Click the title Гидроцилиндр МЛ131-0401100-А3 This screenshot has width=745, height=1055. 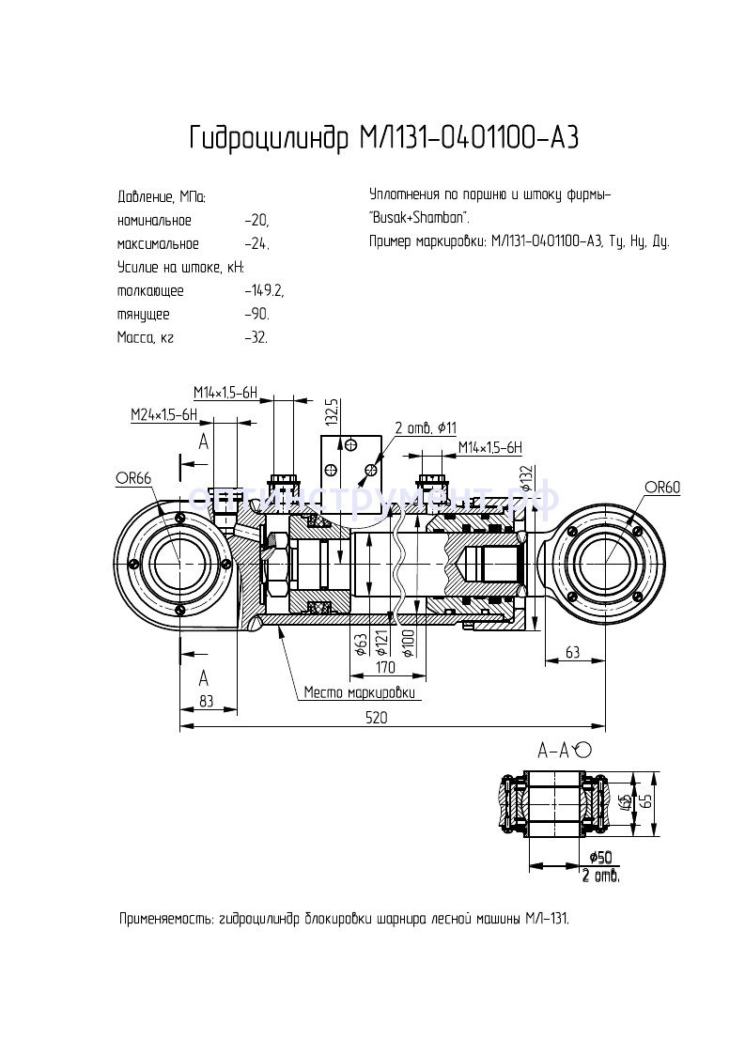coord(383,138)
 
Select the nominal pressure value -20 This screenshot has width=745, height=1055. coord(256,221)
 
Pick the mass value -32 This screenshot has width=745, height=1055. coord(256,337)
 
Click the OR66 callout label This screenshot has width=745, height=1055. coord(133,479)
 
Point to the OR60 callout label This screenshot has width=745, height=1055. coord(661,487)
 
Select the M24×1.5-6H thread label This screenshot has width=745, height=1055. coord(163,414)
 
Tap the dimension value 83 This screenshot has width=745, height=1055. coord(207,701)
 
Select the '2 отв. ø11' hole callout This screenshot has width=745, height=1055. coord(426,428)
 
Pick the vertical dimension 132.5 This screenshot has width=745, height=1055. coord(331,412)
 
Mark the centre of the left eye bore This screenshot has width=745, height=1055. coord(178,563)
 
